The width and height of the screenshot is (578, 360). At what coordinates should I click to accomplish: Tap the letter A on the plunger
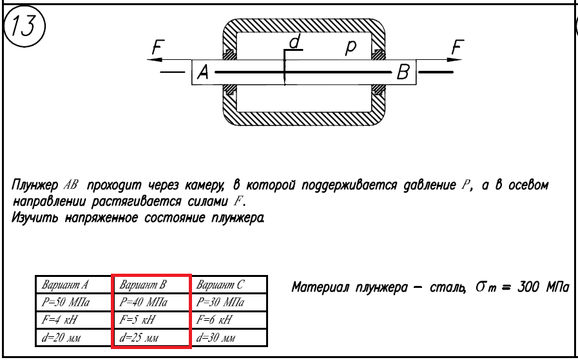(x=202, y=73)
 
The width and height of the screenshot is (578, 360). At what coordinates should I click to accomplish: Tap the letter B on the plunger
(x=404, y=73)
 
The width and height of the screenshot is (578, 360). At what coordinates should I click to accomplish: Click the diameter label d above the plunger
(x=294, y=43)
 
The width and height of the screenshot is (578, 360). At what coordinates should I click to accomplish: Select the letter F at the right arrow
(x=456, y=47)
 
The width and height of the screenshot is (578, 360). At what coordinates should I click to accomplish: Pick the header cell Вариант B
(x=151, y=285)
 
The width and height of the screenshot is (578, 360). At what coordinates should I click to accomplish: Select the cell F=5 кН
(x=151, y=320)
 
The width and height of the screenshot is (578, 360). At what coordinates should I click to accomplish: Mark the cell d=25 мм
(x=151, y=337)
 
